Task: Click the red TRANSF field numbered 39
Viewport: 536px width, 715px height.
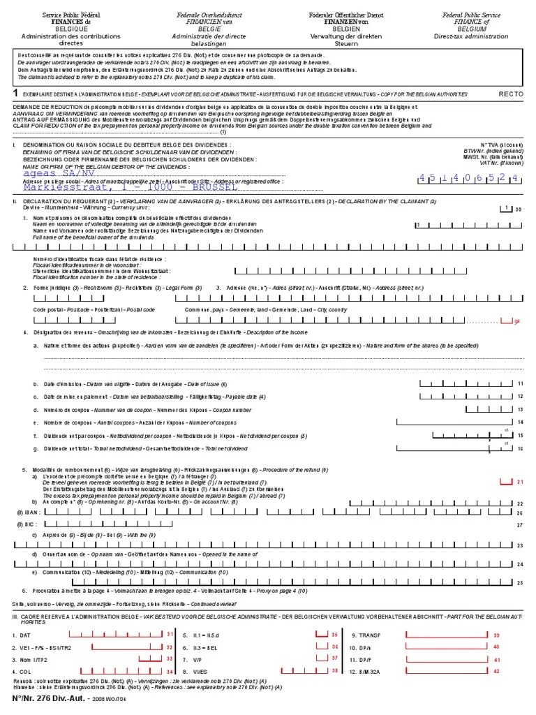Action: pos(447,635)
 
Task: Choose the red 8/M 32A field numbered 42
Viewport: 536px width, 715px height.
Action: pos(447,671)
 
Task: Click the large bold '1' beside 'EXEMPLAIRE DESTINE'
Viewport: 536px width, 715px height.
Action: pos(16,92)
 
